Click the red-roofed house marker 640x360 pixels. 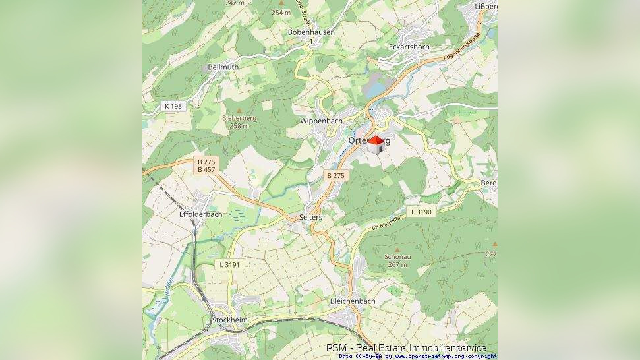(376, 144)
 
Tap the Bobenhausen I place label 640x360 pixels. (311, 36)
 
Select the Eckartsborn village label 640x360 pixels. (409, 47)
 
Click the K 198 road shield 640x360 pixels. (173, 106)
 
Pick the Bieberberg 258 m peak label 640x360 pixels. (239, 121)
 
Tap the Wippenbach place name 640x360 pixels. (321, 121)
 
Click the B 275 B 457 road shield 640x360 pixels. (206, 165)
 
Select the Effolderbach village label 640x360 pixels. (200, 214)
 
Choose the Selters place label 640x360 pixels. (310, 217)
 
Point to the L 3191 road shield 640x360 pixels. (231, 264)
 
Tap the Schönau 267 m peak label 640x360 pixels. (395, 260)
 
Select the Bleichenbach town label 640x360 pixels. (352, 301)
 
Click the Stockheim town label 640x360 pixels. (229, 320)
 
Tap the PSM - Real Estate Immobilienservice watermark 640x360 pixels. (405, 347)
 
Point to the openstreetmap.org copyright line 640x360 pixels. (418, 356)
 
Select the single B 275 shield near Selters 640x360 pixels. (335, 175)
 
